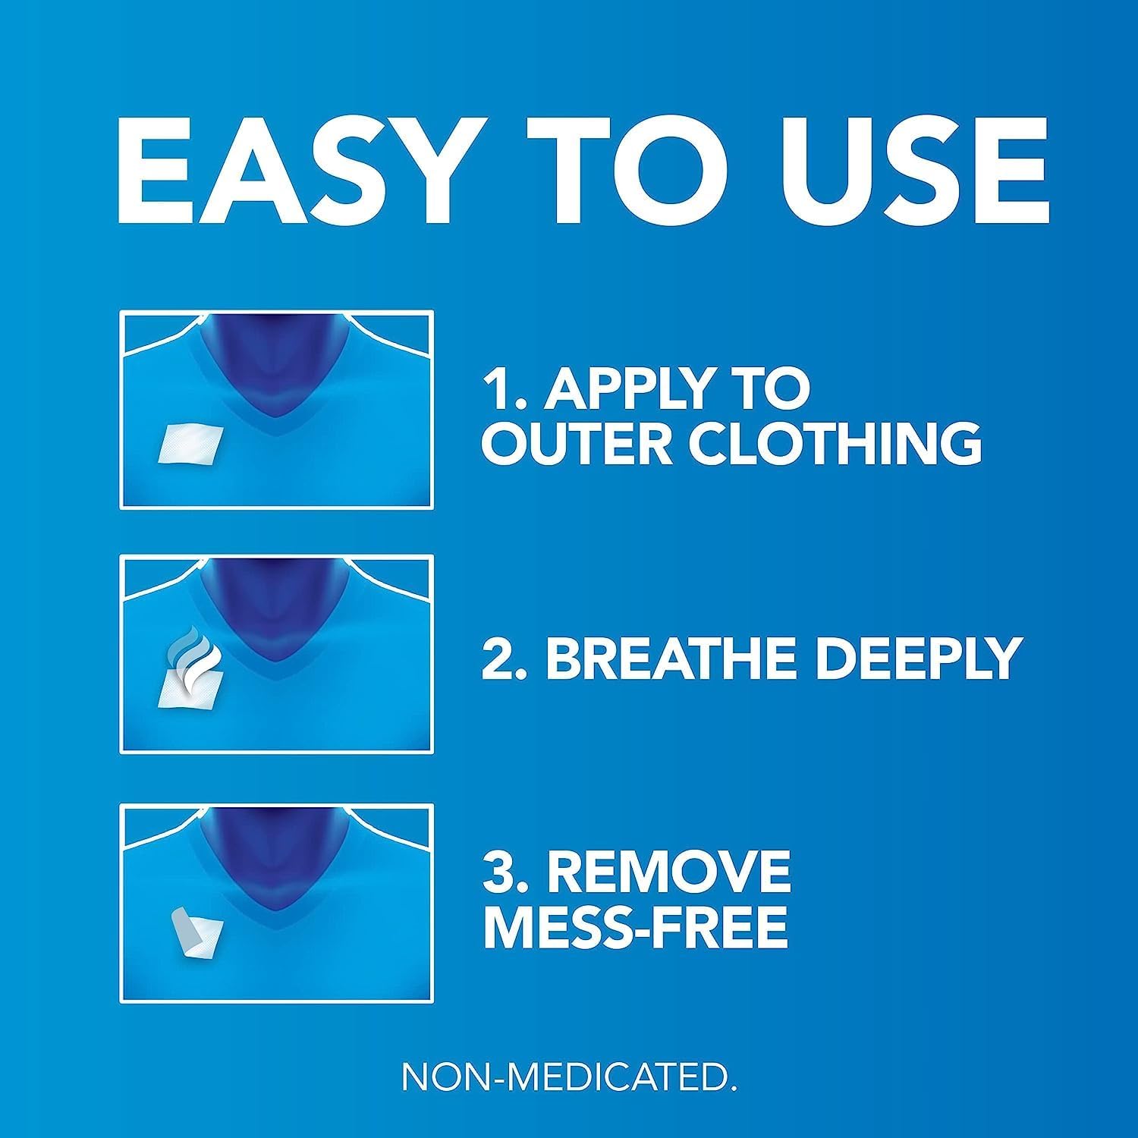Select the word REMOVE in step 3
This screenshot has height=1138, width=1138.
(x=669, y=872)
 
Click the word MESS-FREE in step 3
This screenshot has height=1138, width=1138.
(x=636, y=926)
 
